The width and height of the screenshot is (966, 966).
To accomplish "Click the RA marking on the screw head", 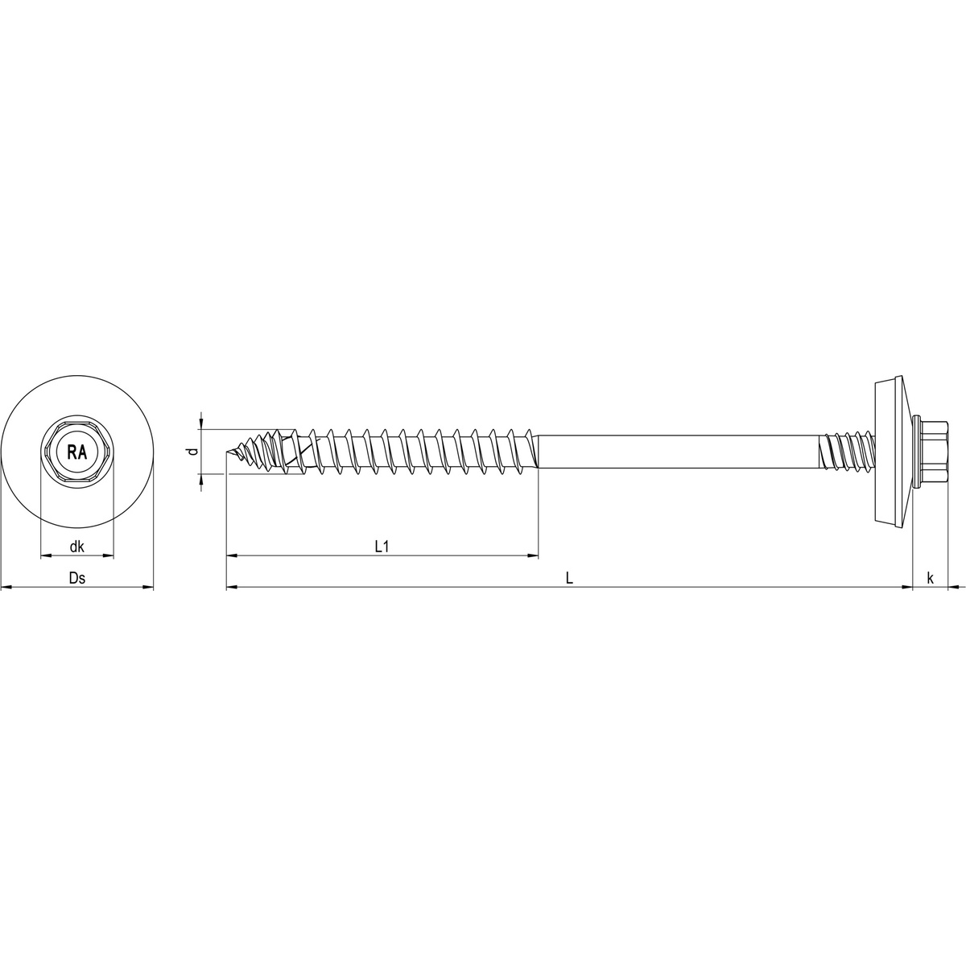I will pos(77,452).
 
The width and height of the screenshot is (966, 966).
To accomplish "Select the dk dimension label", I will pos(77,547).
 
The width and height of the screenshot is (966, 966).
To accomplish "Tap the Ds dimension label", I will pos(77,578).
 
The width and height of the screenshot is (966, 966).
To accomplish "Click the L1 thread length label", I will pos(382,547).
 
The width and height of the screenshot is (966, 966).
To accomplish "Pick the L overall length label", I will pos(569,578).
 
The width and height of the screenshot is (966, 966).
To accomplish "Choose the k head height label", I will pos(931,578).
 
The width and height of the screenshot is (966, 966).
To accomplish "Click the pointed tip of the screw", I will pos(229,453).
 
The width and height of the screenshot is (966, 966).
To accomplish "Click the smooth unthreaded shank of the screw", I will pos(676,452).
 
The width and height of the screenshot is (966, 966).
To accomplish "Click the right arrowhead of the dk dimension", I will pos(109,555).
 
